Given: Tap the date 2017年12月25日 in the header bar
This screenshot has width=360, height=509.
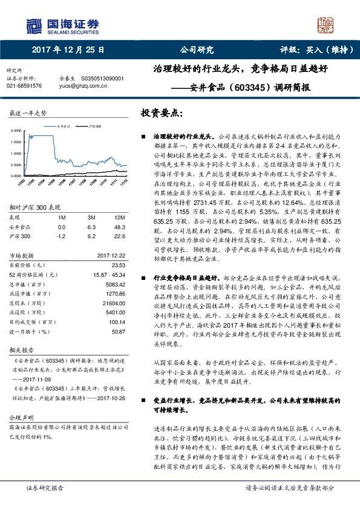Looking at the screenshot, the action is coord(68,50).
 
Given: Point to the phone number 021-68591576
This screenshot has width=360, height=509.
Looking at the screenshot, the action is coord(24,86).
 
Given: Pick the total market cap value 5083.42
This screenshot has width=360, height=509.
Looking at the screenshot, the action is coord(114,284).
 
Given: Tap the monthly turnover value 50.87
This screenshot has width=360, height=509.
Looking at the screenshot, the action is coord(118,332).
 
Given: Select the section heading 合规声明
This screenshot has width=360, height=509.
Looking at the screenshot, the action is coord(19,418).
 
